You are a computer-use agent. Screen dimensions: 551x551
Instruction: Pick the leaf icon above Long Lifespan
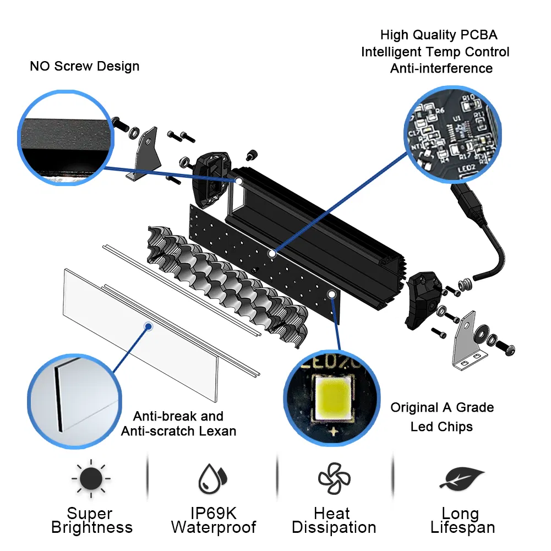point(461,478)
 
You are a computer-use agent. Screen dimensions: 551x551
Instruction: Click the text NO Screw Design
point(84,67)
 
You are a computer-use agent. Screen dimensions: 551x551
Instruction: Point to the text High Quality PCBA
point(438,35)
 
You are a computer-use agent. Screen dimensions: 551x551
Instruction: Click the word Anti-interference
point(441,68)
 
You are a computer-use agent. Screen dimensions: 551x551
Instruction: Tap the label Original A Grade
point(442,407)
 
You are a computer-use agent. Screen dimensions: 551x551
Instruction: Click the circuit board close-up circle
point(453,134)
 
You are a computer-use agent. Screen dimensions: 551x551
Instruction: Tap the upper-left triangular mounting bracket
point(144,154)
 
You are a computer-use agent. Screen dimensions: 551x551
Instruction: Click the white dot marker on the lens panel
point(148,326)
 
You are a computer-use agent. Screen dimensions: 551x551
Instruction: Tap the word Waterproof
point(213,527)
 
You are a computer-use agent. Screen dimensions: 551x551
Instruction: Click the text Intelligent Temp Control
point(435,52)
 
